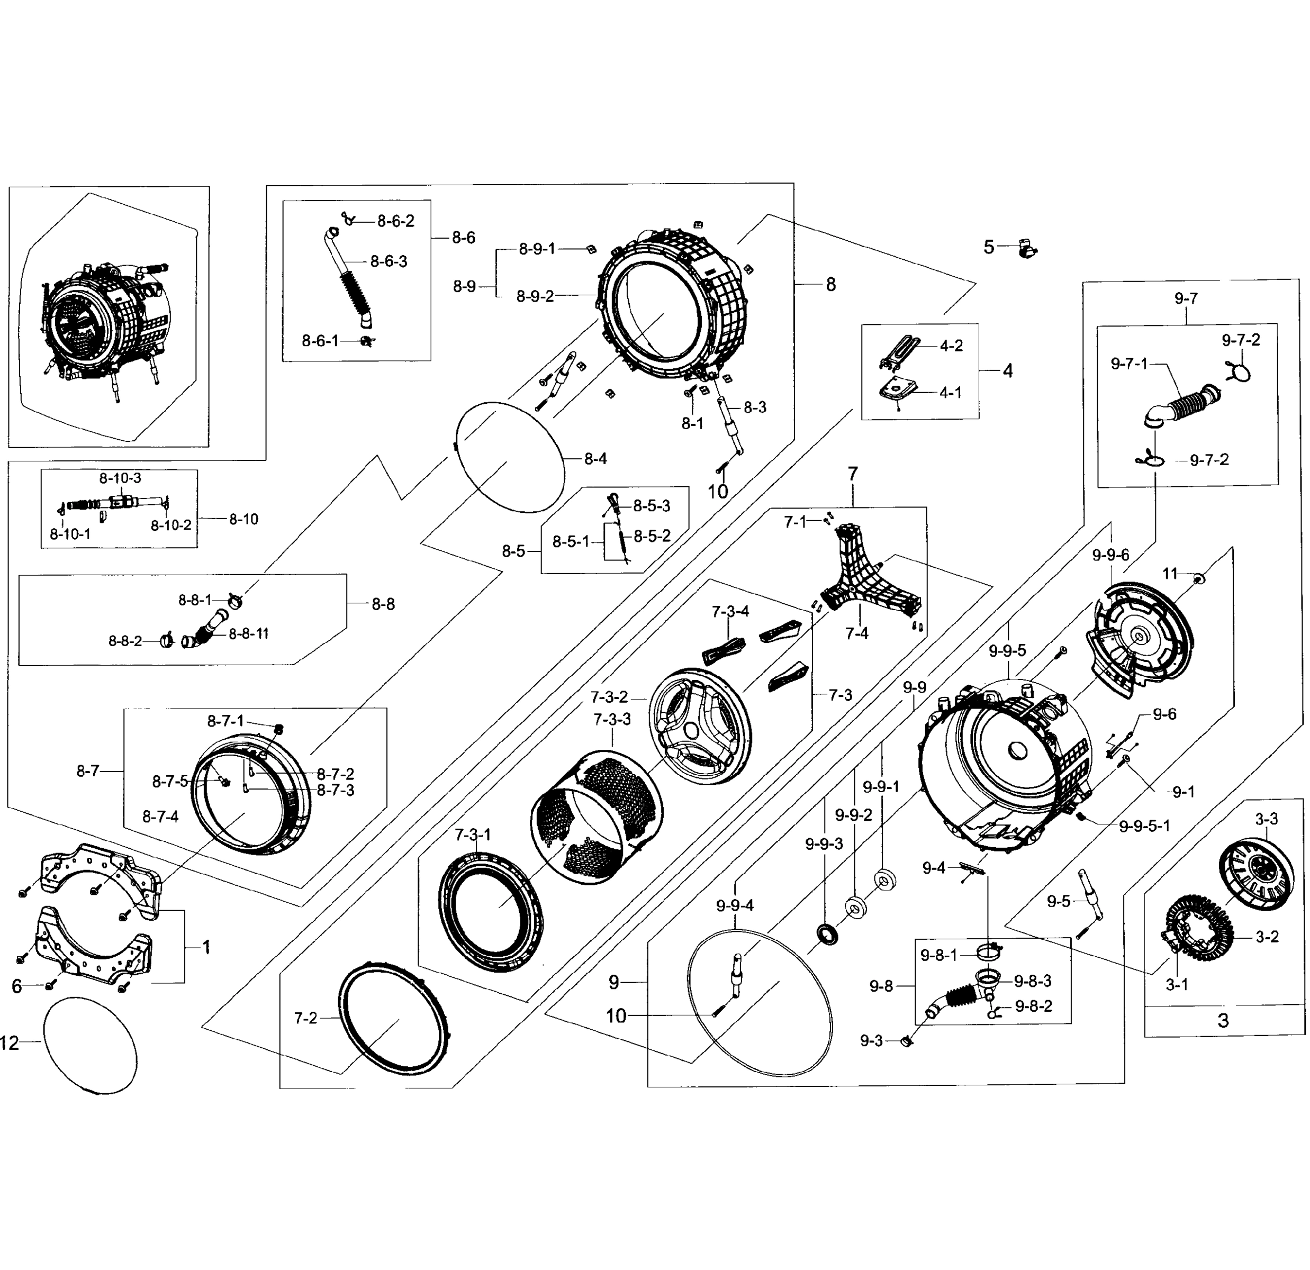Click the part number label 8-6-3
(x=389, y=261)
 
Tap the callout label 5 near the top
(x=989, y=247)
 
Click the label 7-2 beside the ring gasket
(x=305, y=1018)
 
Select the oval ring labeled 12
(x=90, y=1046)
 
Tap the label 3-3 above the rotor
(x=1266, y=819)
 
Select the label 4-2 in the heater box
(x=951, y=346)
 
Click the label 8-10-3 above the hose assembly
(x=120, y=478)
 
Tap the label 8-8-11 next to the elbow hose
(x=249, y=633)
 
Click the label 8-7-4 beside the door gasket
(x=160, y=817)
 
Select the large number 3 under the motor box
(x=1223, y=1020)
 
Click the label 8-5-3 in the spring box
(x=652, y=506)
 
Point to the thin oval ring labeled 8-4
(x=511, y=458)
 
